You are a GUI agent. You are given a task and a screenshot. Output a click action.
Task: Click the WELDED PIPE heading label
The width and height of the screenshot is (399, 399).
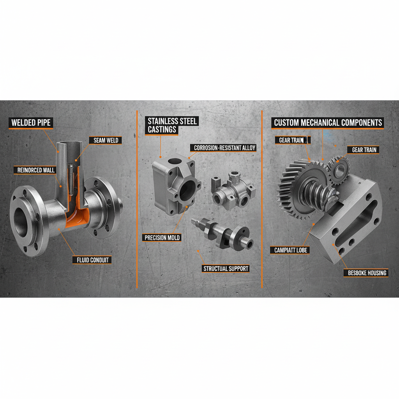[31, 123]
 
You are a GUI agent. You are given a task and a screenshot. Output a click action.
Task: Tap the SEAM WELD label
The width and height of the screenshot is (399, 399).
[106, 140]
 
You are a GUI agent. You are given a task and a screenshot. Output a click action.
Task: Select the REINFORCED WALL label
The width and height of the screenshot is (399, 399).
[36, 170]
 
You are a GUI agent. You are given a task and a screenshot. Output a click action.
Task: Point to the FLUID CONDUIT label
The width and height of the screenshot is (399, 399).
[92, 260]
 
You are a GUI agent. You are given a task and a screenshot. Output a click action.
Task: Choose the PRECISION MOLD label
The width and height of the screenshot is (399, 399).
[162, 237]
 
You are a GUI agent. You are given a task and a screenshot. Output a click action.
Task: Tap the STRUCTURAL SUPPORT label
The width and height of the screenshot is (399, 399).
[226, 268]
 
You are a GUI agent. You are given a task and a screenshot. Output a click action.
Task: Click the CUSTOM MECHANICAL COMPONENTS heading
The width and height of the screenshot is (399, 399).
[328, 123]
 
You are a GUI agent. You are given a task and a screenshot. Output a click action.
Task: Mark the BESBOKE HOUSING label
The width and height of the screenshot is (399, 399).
[367, 273]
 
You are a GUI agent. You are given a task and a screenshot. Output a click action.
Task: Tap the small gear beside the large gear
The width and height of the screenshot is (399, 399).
[339, 169]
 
